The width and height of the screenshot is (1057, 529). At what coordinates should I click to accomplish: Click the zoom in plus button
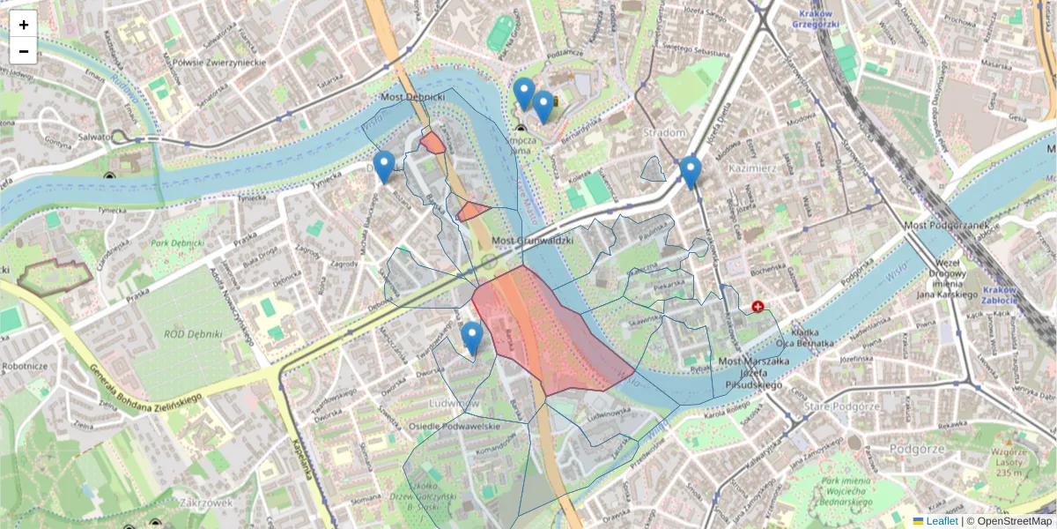[x=24, y=25]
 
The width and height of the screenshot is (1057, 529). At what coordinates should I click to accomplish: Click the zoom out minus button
[x=24, y=51]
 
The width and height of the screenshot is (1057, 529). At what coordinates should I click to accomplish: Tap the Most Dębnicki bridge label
[x=413, y=96]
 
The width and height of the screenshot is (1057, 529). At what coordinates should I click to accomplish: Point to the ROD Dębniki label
[x=198, y=335]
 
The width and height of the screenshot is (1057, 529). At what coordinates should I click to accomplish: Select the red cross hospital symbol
[x=758, y=306]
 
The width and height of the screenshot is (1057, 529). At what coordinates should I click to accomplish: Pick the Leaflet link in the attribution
[x=941, y=521]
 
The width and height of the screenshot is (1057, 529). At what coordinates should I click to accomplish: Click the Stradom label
[x=664, y=132]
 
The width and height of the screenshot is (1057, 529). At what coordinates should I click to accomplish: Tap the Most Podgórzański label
[x=941, y=226]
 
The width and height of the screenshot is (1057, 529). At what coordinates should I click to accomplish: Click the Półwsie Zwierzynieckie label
[x=219, y=62]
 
